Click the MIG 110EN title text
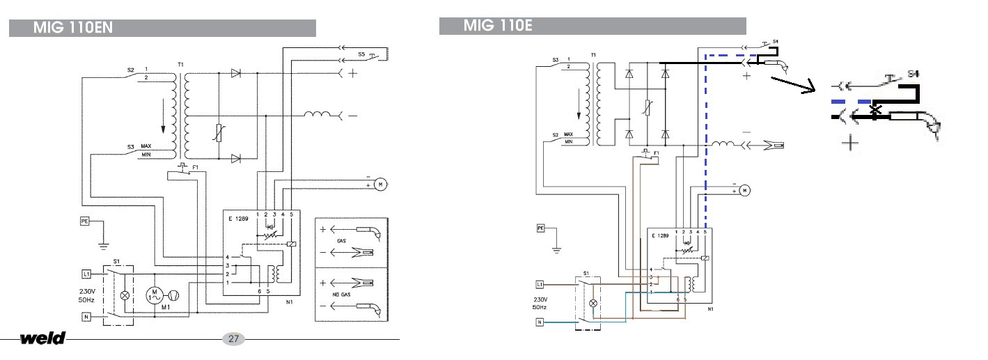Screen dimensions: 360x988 pyautogui.click(x=73, y=28)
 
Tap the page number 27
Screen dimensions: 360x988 pyautogui.click(x=233, y=339)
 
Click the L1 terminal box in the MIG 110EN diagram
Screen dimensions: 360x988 pyautogui.click(x=87, y=273)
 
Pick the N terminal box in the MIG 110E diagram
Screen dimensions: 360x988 pyautogui.click(x=540, y=322)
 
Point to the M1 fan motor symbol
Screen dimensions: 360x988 pyautogui.click(x=155, y=295)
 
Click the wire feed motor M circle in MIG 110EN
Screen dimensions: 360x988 pyautogui.click(x=380, y=184)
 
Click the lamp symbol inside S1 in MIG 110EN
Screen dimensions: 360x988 pyautogui.click(x=125, y=295)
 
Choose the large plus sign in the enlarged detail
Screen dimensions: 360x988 pyautogui.click(x=849, y=143)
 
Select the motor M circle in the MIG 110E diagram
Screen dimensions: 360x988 pyautogui.click(x=744, y=189)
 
